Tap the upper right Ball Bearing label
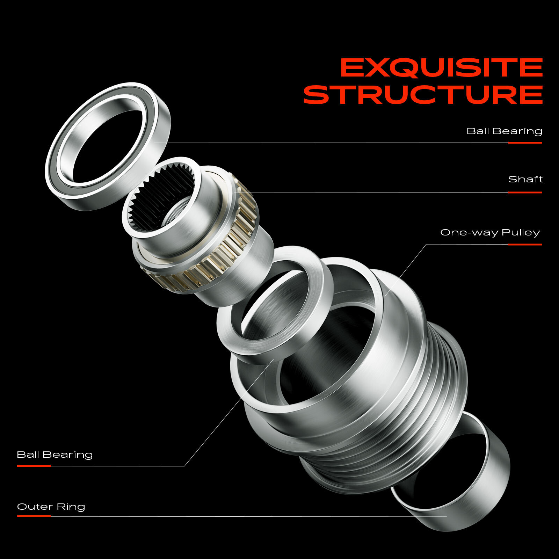(504, 131)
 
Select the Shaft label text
(525, 179)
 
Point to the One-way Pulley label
(490, 233)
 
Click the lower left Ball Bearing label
(55, 455)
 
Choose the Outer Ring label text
(51, 507)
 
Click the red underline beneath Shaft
(525, 192)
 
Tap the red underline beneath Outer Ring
(34, 516)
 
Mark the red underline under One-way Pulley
(525, 245)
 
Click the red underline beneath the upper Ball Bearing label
(525, 143)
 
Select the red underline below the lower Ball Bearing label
(34, 466)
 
